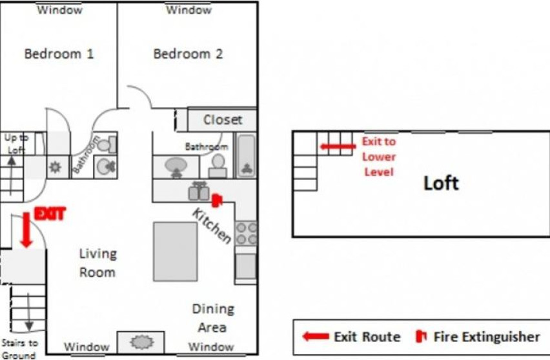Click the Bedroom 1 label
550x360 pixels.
[59, 54]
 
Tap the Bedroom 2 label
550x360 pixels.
[188, 54]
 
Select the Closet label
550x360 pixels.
[223, 120]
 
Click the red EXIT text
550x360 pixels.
[50, 214]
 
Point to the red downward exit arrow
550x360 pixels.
[26, 230]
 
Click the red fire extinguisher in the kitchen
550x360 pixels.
[217, 200]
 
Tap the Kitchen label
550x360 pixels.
[212, 226]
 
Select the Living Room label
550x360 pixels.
[97, 263]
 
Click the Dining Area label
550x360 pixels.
[213, 318]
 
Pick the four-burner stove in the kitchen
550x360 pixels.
[246, 234]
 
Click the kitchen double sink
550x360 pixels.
[199, 192]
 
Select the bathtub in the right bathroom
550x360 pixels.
[246, 155]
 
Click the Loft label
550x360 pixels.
[442, 183]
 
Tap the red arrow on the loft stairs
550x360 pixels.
[338, 146]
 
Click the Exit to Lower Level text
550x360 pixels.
[379, 157]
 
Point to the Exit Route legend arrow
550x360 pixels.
[316, 337]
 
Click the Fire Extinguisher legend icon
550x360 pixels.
[421, 336]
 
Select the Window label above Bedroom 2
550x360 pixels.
[188, 10]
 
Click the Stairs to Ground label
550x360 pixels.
[19, 349]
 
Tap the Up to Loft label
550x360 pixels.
[16, 144]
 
